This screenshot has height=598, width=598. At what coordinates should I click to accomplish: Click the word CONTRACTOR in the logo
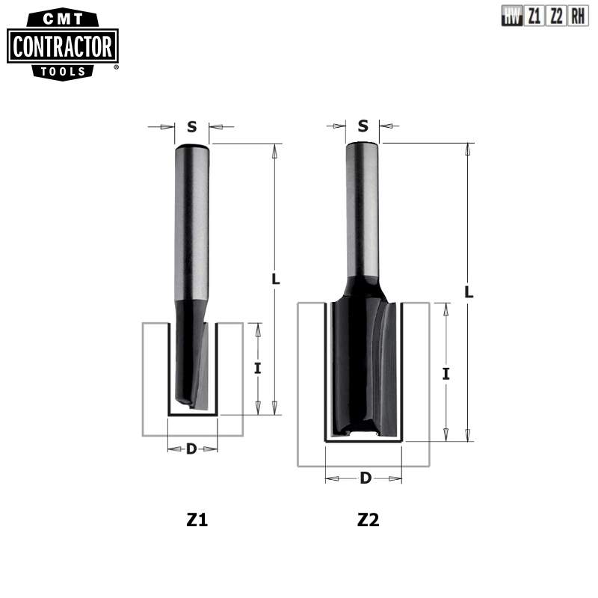pyautogui.click(x=63, y=47)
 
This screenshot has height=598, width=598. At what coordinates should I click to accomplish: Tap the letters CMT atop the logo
pyautogui.click(x=63, y=17)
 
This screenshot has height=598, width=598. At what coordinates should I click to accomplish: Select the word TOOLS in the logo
pyautogui.click(x=63, y=72)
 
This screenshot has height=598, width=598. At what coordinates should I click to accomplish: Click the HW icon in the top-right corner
pyautogui.click(x=512, y=16)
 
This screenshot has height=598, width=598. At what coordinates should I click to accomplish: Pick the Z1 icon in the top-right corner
pyautogui.click(x=534, y=16)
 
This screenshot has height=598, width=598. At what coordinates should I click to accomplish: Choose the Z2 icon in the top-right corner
pyautogui.click(x=556, y=16)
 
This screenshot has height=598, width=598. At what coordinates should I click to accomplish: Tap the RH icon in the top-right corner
pyautogui.click(x=578, y=16)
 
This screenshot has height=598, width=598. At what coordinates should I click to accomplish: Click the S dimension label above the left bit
pyautogui.click(x=191, y=126)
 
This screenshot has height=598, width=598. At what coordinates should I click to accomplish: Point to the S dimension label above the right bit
pyautogui.click(x=363, y=126)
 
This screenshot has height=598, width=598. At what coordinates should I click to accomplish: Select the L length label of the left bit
pyautogui.click(x=275, y=280)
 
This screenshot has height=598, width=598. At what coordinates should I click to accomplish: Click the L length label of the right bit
pyautogui.click(x=469, y=292)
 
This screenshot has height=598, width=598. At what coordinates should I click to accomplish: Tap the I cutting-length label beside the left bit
pyautogui.click(x=257, y=368)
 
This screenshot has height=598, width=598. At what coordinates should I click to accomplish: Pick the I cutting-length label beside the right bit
pyautogui.click(x=446, y=373)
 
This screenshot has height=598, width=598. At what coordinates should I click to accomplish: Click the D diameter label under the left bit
pyautogui.click(x=191, y=449)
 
